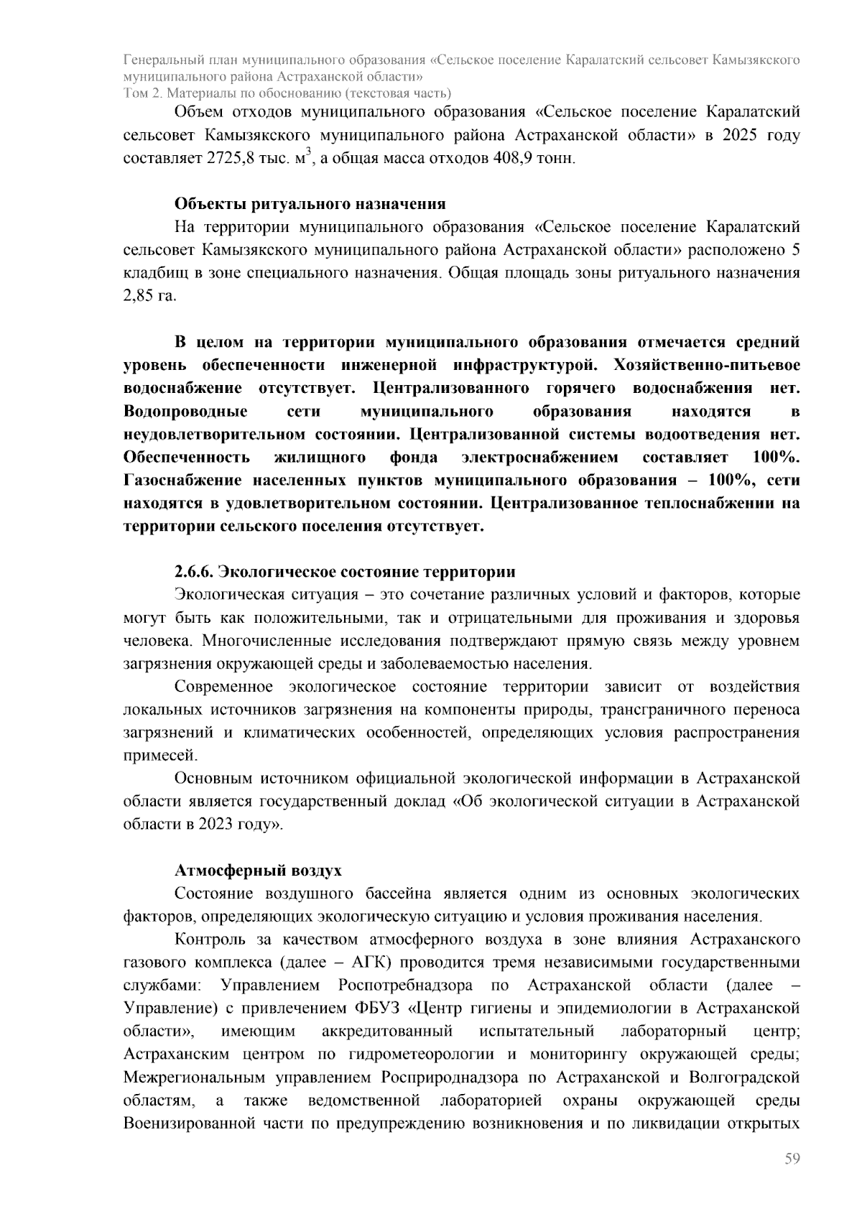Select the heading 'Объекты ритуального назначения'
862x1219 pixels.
tap(310, 204)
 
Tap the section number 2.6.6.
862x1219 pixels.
tap(194, 572)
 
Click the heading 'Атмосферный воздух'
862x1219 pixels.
tap(258, 871)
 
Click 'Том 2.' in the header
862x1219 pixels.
tap(143, 93)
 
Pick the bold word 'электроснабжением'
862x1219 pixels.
tap(539, 457)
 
